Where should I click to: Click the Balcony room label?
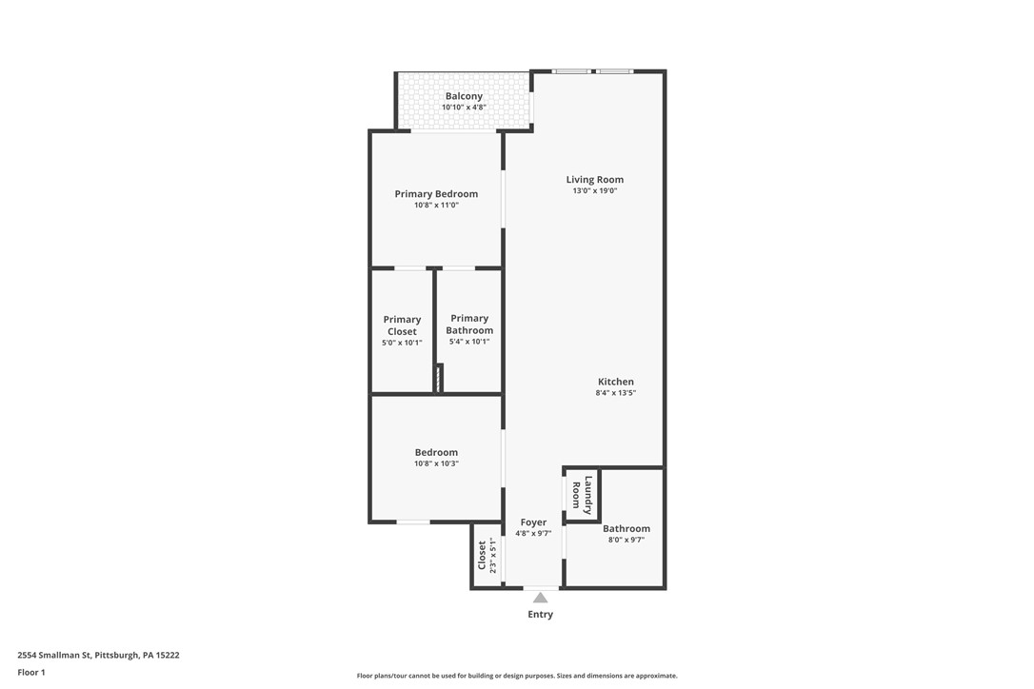point(464,96)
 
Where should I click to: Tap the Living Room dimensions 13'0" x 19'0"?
point(594,191)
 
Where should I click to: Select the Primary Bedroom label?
point(436,194)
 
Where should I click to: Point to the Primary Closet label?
point(402,325)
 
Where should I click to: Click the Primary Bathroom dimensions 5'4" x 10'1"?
point(469,342)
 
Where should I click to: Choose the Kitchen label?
point(615,382)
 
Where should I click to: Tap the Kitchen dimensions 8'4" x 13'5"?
point(615,393)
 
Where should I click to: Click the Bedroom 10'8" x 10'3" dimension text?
point(436,464)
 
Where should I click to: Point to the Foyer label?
point(533,522)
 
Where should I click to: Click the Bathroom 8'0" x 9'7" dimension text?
point(626,541)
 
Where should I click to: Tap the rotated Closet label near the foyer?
point(482,555)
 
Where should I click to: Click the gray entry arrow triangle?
point(540,598)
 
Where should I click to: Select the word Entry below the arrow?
point(540,615)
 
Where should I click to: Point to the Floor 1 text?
point(30,672)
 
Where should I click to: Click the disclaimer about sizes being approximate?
point(517,676)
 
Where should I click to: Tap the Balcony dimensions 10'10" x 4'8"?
point(464,108)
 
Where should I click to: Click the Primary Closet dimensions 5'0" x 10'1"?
point(402,343)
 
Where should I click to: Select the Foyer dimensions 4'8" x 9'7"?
point(533,534)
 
